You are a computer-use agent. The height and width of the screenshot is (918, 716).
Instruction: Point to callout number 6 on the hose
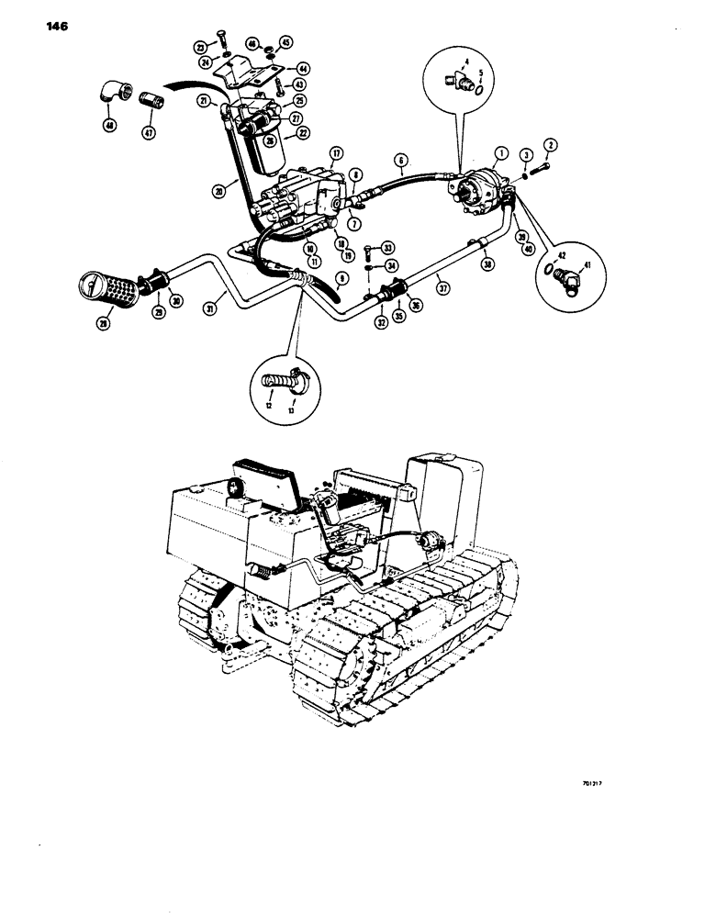pyautogui.click(x=401, y=159)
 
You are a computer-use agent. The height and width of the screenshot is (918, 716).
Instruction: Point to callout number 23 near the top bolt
pyautogui.click(x=199, y=48)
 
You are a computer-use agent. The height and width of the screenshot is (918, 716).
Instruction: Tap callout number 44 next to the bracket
pyautogui.click(x=302, y=68)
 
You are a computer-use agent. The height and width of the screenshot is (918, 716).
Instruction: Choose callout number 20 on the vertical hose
pyautogui.click(x=219, y=191)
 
